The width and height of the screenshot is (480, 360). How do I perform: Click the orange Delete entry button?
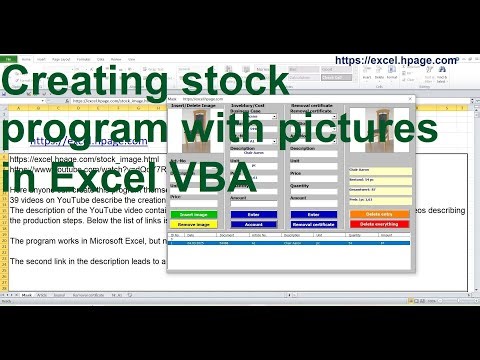point(379,214)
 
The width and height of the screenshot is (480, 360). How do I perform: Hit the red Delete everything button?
point(379,225)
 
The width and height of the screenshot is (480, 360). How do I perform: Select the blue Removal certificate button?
point(312,225)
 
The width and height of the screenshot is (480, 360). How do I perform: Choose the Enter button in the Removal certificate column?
point(312,214)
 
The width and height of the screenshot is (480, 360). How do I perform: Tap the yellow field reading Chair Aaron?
point(379,170)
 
